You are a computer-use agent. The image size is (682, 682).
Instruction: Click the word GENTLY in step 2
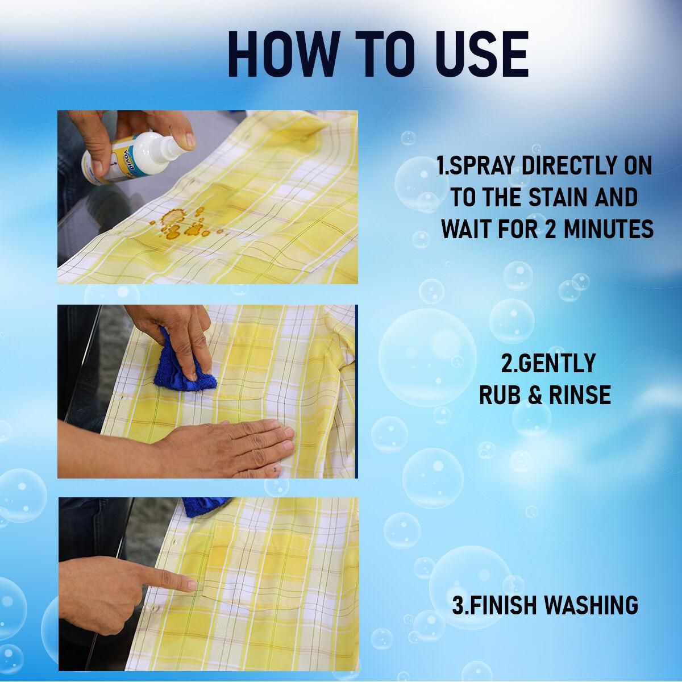click(x=548, y=363)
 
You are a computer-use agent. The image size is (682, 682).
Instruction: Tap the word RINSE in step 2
click(x=579, y=394)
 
